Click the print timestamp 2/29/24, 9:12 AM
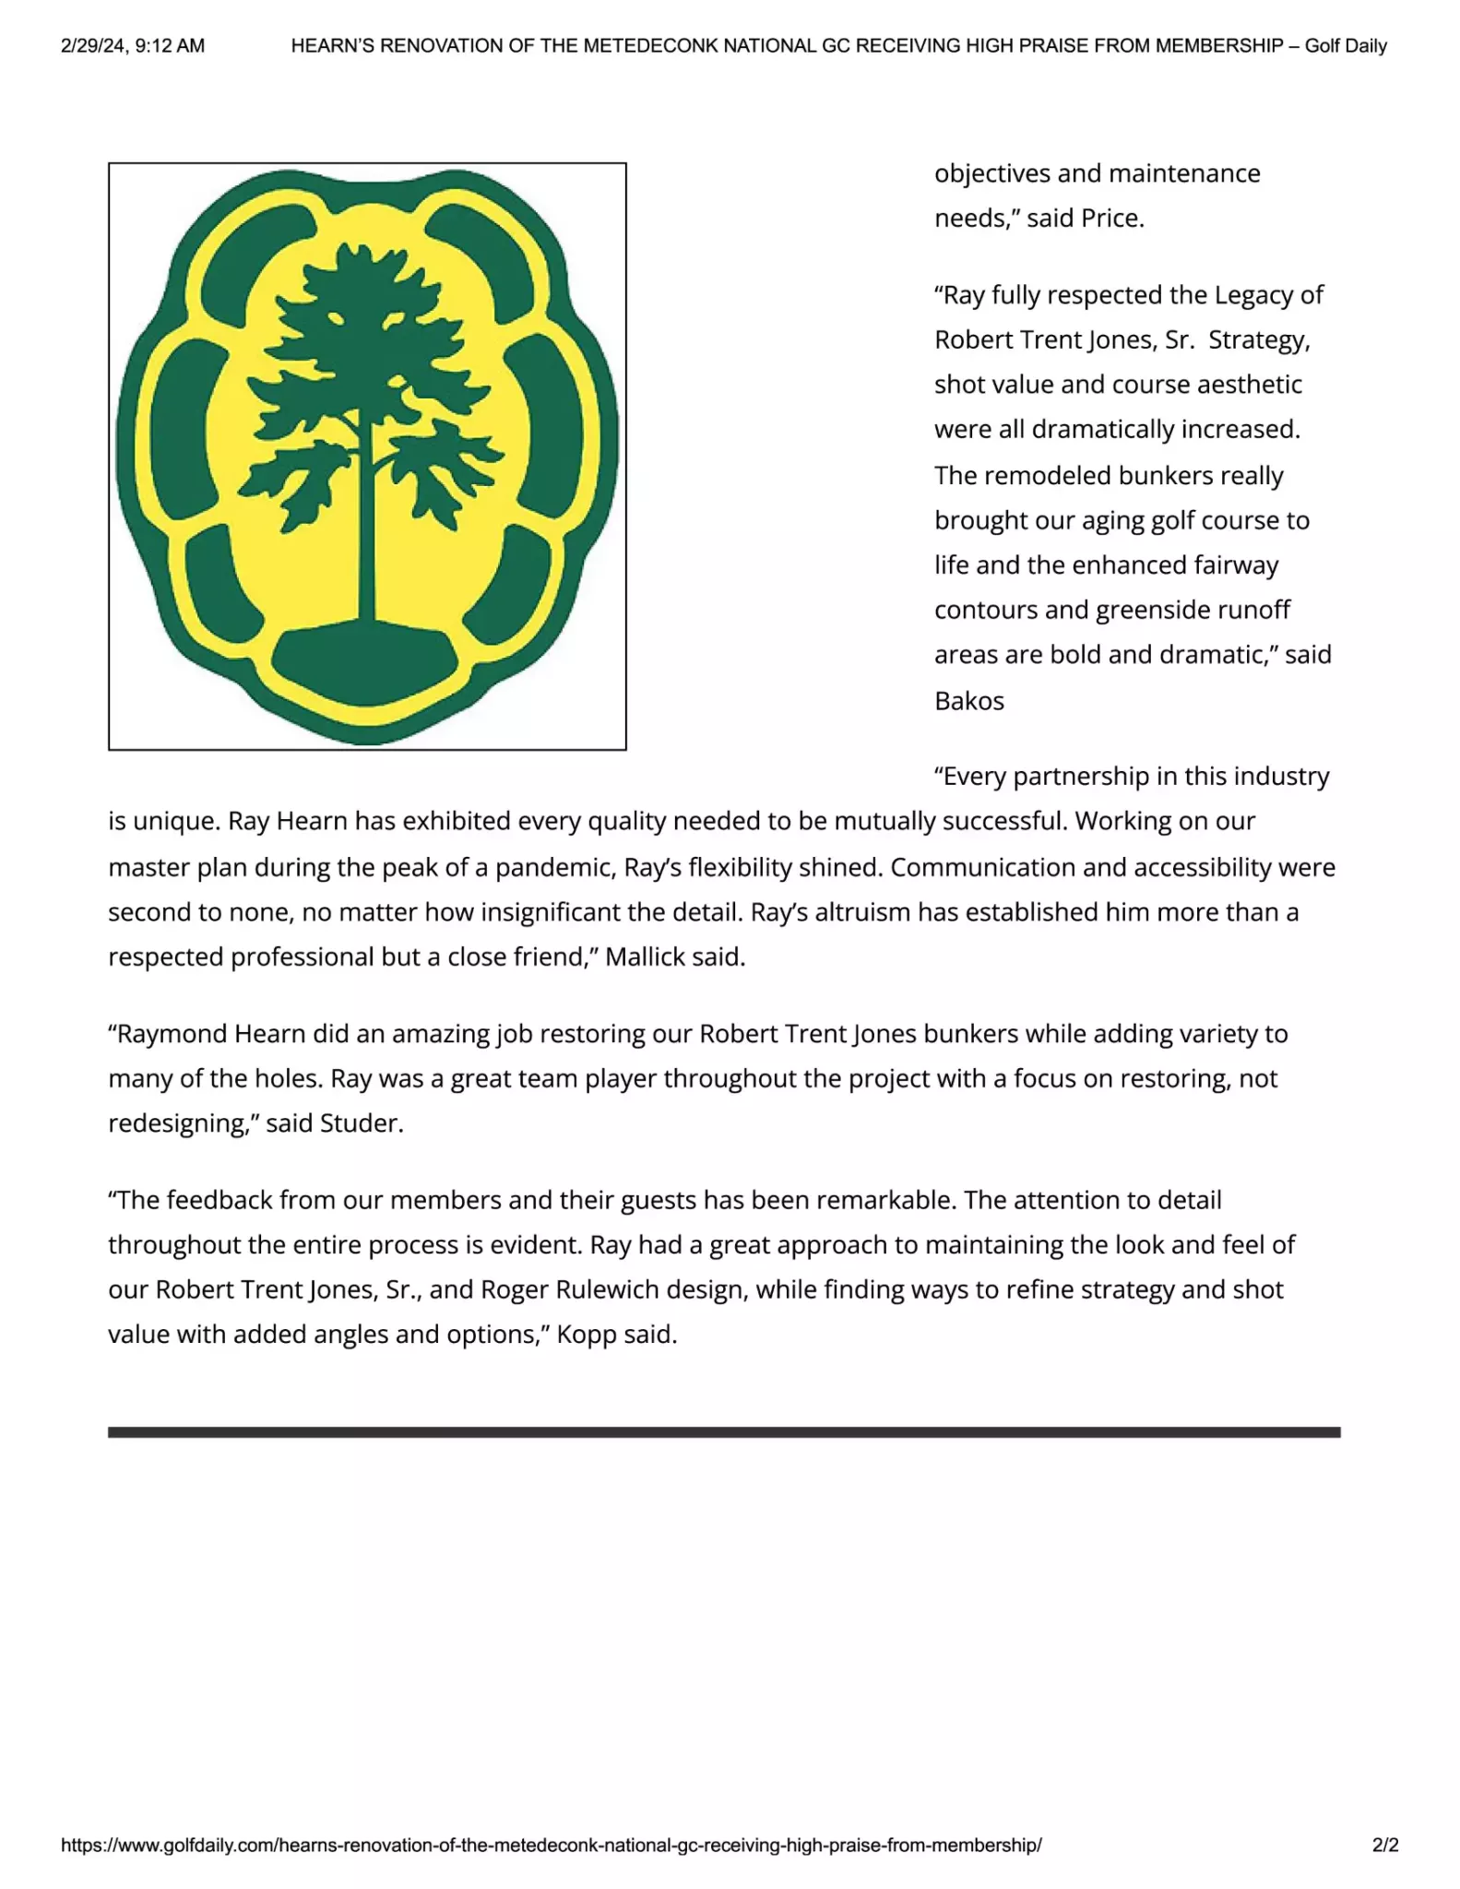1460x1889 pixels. pos(133,45)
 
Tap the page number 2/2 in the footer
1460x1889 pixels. pos(1384,1845)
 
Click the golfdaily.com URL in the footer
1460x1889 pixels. pos(551,1845)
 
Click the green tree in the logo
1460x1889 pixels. pos(369,369)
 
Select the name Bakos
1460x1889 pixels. pos(968,701)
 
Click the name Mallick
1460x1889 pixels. pos(645,957)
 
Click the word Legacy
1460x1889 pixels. pos(1253,295)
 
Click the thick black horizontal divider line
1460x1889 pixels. pos(724,1432)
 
